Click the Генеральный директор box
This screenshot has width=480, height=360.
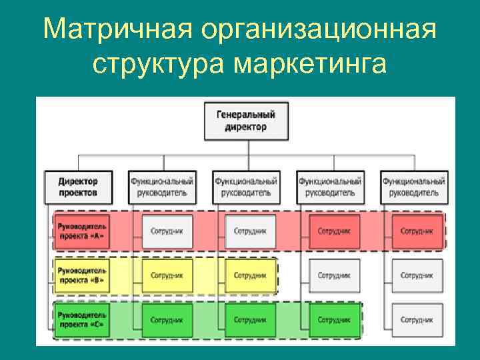point(246,121)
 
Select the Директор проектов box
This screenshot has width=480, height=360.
point(77,187)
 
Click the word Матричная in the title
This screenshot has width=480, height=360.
point(115,29)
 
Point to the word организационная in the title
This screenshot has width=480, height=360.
point(318,29)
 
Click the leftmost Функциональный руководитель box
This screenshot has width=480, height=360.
point(162,187)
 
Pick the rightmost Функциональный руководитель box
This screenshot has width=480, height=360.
point(414,187)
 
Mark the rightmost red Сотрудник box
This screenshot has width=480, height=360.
point(417,231)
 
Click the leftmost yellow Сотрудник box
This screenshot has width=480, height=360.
point(167,275)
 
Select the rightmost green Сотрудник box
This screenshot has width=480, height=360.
point(334,320)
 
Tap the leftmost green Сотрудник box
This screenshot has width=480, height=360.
point(167,320)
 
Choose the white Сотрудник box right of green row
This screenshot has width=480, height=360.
point(417,320)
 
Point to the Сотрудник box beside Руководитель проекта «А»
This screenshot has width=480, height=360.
point(167,231)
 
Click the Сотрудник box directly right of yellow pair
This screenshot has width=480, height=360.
point(334,275)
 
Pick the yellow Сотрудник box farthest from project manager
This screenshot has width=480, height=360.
point(250,275)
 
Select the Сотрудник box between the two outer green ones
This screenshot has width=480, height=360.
point(250,320)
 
